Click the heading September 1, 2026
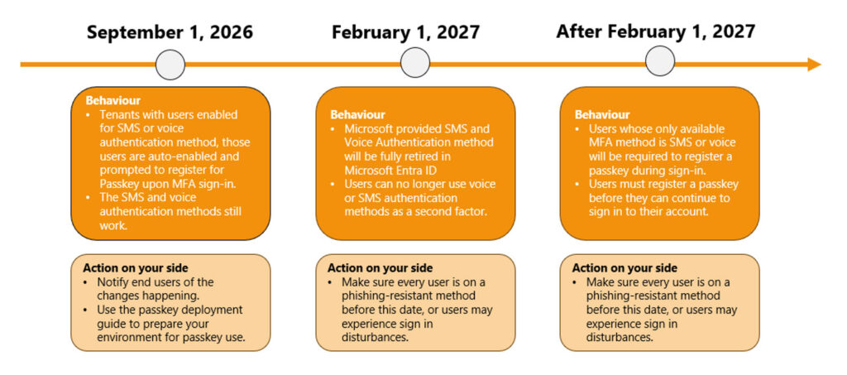170,32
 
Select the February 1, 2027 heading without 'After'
405,32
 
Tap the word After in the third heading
578,32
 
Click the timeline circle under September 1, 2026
170,65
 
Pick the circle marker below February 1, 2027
415,62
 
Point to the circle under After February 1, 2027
660,60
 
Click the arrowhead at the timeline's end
814,65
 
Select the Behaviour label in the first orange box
112,101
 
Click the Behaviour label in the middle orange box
357,115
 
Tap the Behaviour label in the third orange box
602,115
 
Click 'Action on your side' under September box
135,268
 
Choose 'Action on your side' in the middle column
380,268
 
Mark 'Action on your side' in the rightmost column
624,268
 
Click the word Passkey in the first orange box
117,184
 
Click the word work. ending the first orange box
112,225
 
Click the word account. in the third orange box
687,212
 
